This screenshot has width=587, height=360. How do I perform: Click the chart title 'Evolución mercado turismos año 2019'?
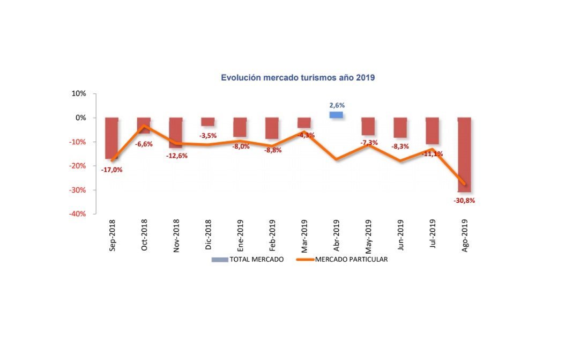click(x=298, y=78)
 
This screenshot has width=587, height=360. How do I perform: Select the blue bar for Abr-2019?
click(x=336, y=115)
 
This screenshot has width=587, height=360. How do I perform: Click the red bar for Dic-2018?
click(x=208, y=121)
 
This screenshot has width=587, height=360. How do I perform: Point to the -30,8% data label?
click(x=464, y=201)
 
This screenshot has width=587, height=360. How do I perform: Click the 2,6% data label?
click(x=337, y=105)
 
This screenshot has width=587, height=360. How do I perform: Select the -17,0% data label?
click(x=112, y=170)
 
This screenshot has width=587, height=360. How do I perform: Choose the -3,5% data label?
click(x=207, y=136)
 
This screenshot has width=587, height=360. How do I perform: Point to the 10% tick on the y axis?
click(x=79, y=93)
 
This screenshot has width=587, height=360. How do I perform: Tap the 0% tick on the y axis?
click(x=81, y=117)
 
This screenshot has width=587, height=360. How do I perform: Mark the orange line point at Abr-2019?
click(x=336, y=159)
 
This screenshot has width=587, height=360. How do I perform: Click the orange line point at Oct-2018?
click(x=144, y=126)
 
